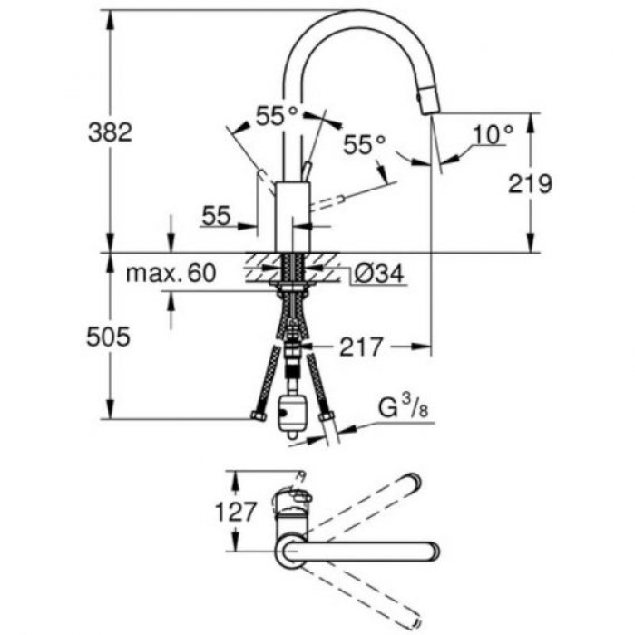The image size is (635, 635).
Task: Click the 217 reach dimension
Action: [x=359, y=346]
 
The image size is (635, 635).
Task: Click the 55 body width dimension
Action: [x=215, y=215]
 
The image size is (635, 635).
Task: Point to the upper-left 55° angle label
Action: [x=277, y=116]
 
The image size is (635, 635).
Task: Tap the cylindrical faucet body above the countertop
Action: [x=292, y=214]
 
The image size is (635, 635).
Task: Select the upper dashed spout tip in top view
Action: [x=410, y=482]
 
